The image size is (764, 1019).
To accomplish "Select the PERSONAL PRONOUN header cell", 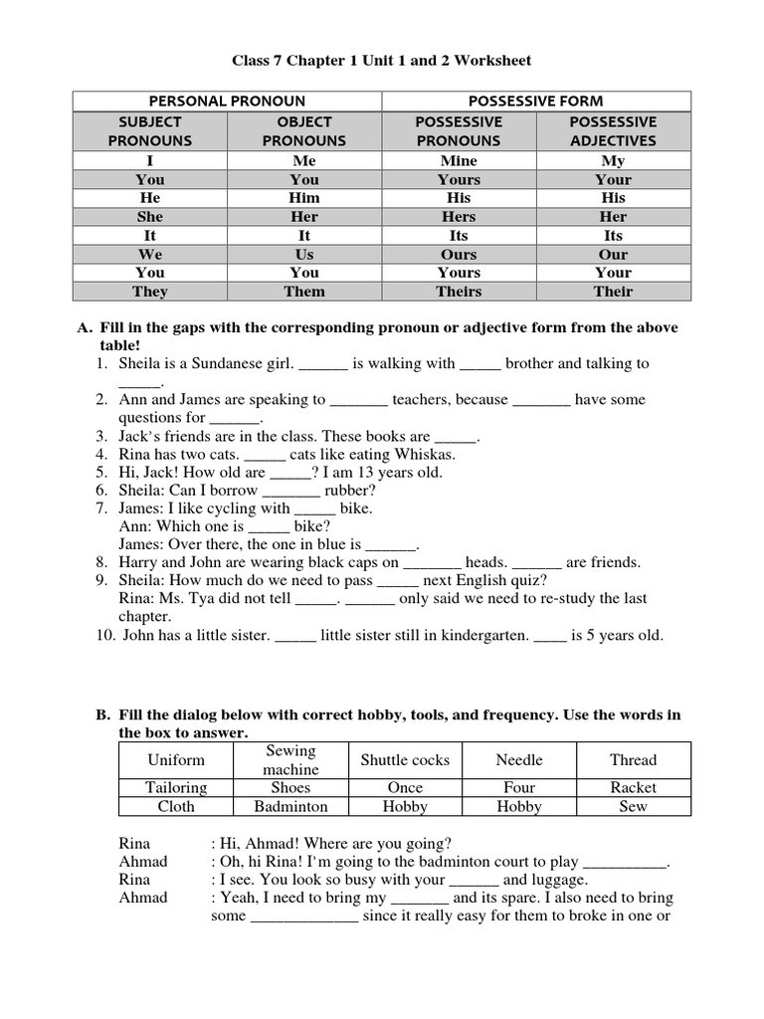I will click(x=227, y=101).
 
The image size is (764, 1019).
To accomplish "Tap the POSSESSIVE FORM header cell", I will click(x=536, y=101).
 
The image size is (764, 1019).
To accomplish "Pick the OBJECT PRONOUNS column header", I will click(x=304, y=131).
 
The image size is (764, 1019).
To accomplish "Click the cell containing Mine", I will click(x=459, y=160).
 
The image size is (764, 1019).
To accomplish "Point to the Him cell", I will click(x=304, y=198).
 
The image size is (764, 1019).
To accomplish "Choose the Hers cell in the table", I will click(x=459, y=216).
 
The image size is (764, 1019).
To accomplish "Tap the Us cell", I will click(x=304, y=254).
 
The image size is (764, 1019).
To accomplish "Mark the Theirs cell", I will click(x=459, y=292).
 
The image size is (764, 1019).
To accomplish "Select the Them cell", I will click(x=304, y=292).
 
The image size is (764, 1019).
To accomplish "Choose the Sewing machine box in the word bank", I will click(x=290, y=759).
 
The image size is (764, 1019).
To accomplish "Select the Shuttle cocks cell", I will click(x=405, y=759).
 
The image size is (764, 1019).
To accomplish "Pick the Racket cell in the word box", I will click(x=634, y=787).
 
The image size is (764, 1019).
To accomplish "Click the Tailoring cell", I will click(x=176, y=787).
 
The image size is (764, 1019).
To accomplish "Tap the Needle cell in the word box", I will click(x=519, y=759).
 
